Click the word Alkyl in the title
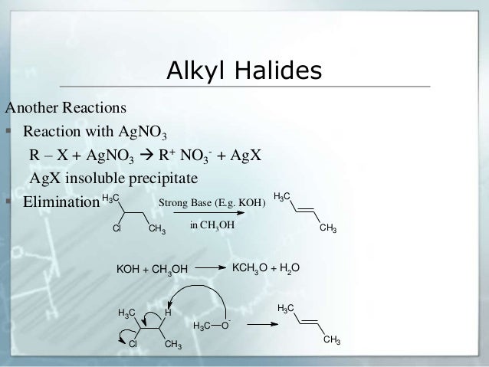pyautogui.click(x=195, y=72)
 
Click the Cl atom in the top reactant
pyautogui.click(x=117, y=228)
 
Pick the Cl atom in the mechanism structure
pyautogui.click(x=132, y=344)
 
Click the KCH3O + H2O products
pyautogui.click(x=265, y=267)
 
